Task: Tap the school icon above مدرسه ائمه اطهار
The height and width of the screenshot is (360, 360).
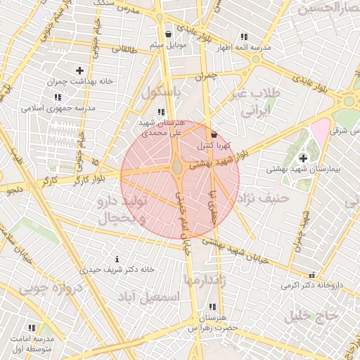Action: click(243, 37)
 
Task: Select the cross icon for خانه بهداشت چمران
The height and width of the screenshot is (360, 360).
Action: click(79, 70)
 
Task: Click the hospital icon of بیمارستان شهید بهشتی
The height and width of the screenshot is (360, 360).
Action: click(303, 158)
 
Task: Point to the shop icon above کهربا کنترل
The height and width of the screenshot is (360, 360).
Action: click(214, 134)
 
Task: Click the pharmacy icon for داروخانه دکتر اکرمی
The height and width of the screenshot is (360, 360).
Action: click(311, 275)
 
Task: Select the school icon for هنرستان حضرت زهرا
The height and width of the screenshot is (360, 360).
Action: click(212, 307)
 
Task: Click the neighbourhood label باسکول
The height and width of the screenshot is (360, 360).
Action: click(161, 92)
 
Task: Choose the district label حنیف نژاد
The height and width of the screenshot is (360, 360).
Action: click(264, 198)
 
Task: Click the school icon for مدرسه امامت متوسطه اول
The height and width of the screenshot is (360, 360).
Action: click(32, 328)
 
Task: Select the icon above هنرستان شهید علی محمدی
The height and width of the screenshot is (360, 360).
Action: click(162, 112)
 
